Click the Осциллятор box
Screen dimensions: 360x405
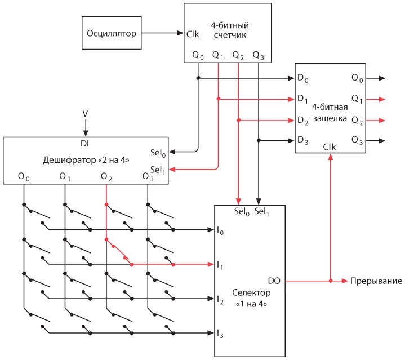[x=112, y=33]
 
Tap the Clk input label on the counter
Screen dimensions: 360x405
[x=193, y=34]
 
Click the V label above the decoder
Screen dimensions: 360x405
[x=86, y=114]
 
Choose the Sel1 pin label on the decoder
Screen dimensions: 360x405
[x=158, y=169]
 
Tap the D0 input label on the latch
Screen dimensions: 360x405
[x=304, y=77]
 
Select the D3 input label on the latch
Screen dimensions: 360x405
[x=304, y=139]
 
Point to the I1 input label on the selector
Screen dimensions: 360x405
[x=220, y=264]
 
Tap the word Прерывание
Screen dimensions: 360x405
[x=376, y=281]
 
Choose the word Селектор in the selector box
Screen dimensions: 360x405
[x=251, y=294]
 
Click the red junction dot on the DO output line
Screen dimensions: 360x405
[x=330, y=280]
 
